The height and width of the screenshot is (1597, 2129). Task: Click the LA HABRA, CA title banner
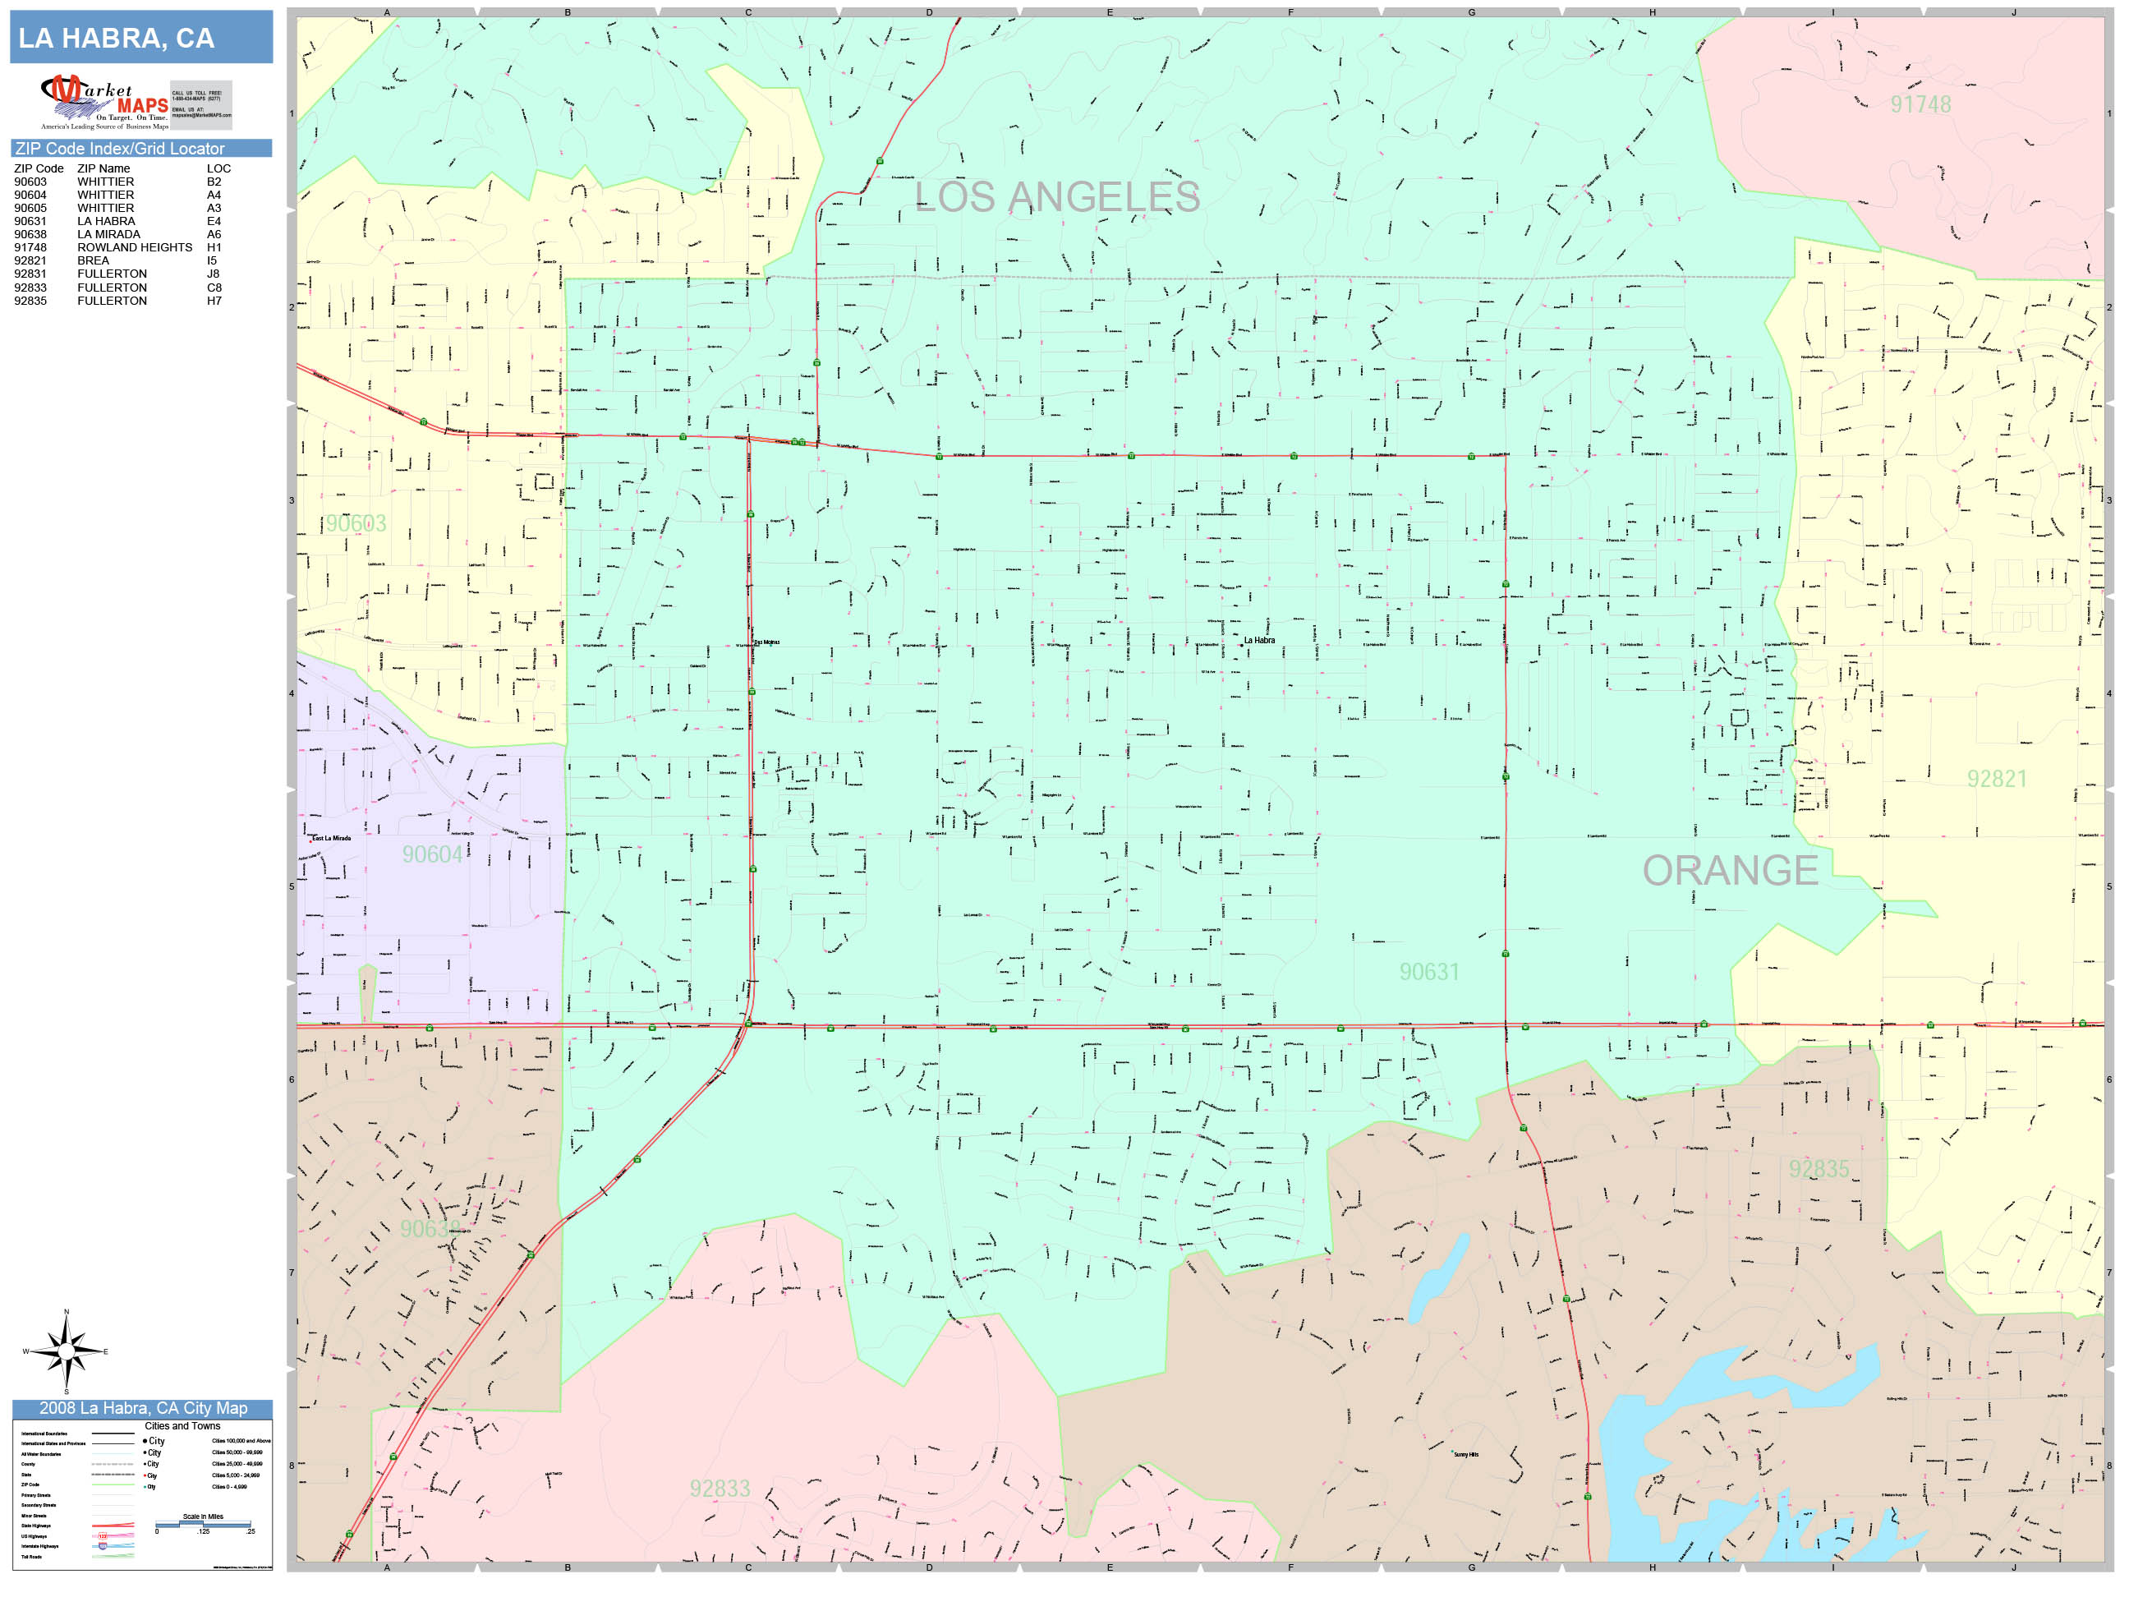click(140, 38)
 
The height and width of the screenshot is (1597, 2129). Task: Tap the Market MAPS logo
click(105, 102)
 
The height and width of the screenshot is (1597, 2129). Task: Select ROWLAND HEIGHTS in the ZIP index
click(135, 247)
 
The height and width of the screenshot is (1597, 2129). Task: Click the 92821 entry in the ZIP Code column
click(30, 261)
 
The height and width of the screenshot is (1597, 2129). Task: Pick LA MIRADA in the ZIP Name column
click(108, 234)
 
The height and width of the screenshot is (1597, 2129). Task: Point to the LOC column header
click(218, 168)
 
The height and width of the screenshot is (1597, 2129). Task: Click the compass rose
click(66, 1351)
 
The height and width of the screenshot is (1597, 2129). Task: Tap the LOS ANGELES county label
click(1057, 197)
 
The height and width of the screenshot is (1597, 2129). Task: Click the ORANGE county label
click(1730, 870)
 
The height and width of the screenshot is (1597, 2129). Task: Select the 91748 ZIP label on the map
click(1920, 105)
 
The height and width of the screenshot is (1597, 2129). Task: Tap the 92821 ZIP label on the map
click(1996, 779)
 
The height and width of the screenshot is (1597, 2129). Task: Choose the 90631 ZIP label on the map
click(1429, 973)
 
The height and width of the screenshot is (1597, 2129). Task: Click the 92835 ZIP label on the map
click(1819, 1169)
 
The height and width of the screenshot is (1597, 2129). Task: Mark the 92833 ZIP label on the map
click(719, 1489)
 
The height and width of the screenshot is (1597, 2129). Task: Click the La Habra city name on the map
click(1259, 640)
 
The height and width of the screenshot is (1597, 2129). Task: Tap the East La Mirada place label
click(331, 839)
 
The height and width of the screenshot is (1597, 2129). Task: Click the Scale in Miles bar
click(203, 1525)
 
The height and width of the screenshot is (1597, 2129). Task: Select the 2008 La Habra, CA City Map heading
click(142, 1408)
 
